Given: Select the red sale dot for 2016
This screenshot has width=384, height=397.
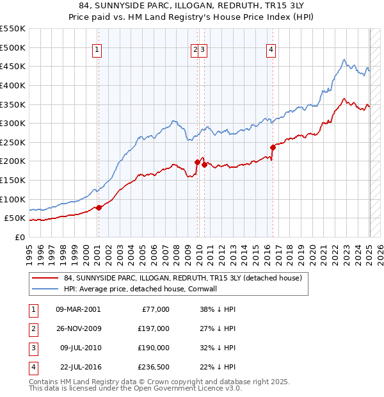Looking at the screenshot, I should point(273,147).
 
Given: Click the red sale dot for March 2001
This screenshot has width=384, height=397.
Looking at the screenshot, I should point(99,207).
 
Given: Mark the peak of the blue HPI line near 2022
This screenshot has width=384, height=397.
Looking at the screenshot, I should point(344,60).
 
